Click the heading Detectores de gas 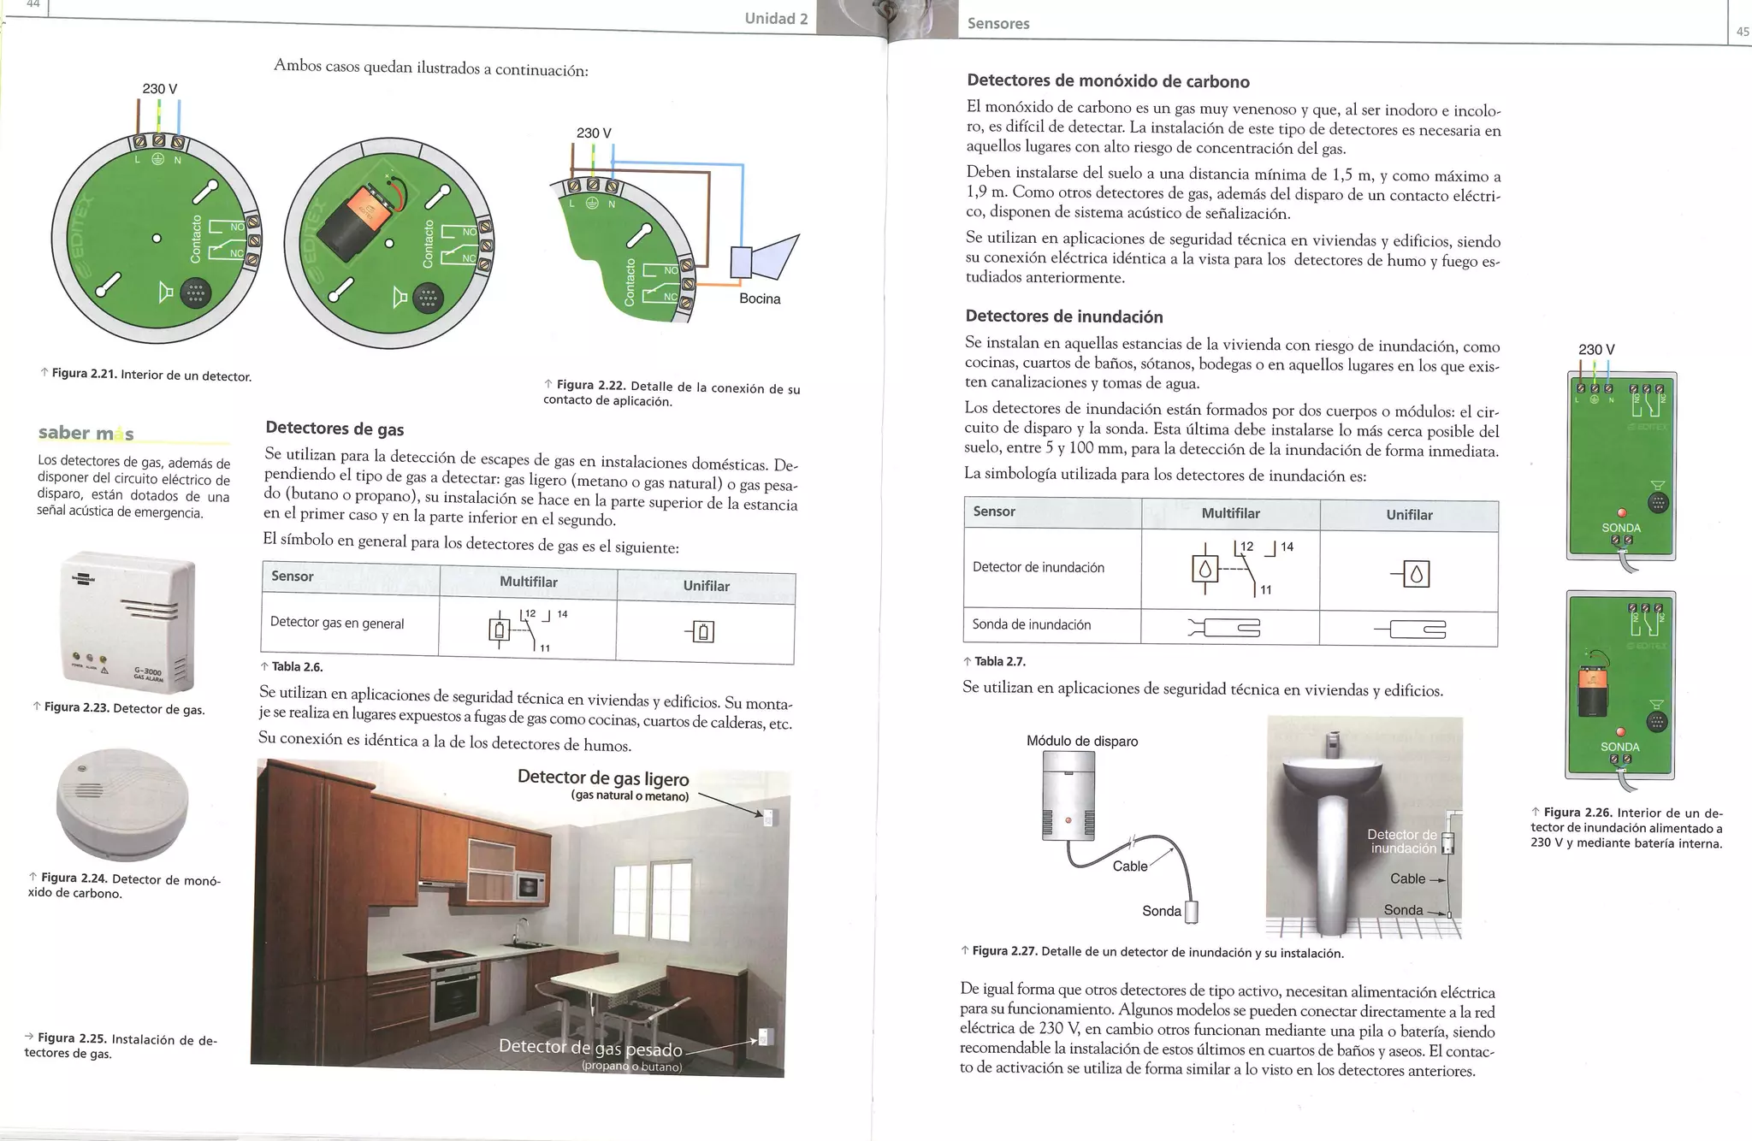[334, 429]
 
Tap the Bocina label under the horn [760, 299]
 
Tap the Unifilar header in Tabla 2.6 [706, 586]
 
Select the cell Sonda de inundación [1031, 624]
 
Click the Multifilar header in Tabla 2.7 [1230, 513]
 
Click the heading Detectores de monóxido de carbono [1108, 82]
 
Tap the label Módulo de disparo [1081, 741]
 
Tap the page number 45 [1742, 33]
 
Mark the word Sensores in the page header [998, 24]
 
